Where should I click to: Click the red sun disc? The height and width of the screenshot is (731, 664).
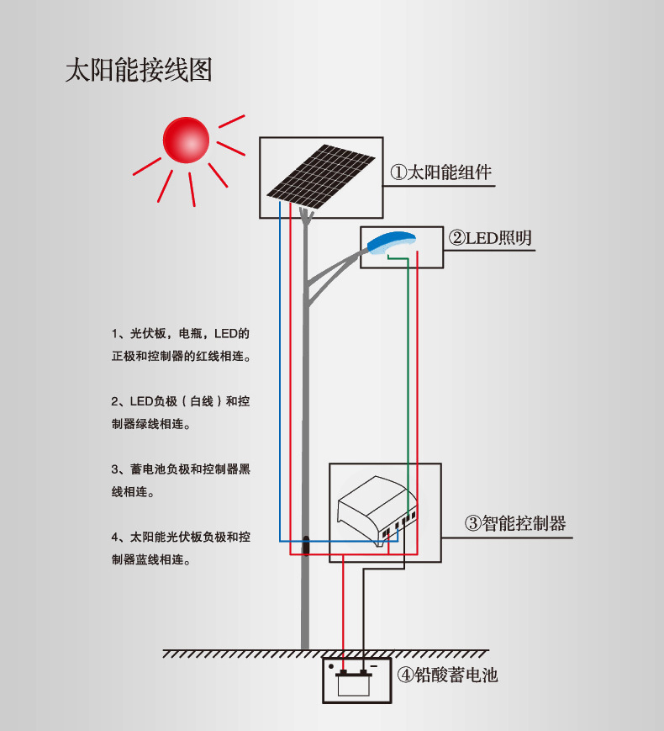(x=185, y=139)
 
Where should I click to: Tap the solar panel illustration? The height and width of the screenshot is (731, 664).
(x=321, y=175)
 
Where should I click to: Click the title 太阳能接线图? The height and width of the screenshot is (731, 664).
(x=139, y=70)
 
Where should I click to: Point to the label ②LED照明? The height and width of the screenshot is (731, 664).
(x=490, y=238)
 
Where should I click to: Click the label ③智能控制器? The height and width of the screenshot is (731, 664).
(x=515, y=523)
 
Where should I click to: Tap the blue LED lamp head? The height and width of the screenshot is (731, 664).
(x=391, y=241)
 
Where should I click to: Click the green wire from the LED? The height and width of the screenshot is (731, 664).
(x=408, y=379)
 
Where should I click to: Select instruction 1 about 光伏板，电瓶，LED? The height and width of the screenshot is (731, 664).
(x=182, y=345)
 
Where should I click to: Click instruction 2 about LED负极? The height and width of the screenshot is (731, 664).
(x=182, y=413)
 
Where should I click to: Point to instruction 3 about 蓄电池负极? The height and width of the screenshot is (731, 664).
(x=182, y=480)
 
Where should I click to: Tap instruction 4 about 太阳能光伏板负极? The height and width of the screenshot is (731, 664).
(x=182, y=548)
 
